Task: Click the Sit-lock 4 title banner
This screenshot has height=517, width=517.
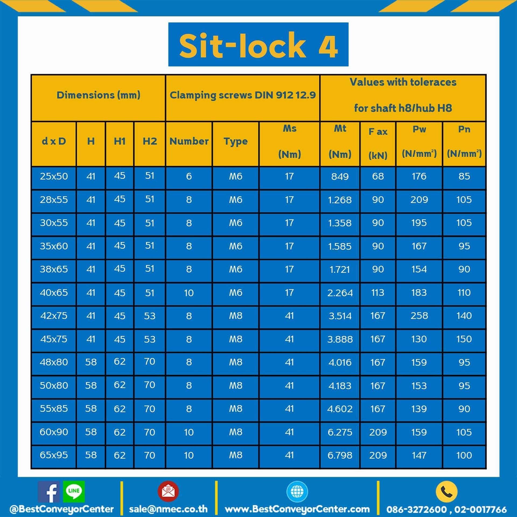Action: coord(258,44)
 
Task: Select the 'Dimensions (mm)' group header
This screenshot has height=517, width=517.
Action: coord(98,95)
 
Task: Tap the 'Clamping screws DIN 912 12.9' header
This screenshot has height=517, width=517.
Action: coord(242,95)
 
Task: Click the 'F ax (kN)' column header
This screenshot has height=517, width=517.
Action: coord(378,143)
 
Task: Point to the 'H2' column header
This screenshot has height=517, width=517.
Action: coord(150,141)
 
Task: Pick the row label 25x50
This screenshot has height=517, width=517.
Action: coord(54,176)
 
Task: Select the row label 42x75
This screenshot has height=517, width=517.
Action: coord(54,316)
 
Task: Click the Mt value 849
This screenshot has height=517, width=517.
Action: coord(340,177)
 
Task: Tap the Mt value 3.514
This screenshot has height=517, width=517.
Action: coord(340,316)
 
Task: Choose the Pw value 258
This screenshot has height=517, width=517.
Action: coord(419,316)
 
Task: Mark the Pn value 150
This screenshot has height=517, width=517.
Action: coord(464,339)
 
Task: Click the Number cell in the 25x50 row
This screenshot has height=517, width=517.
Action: coord(189,176)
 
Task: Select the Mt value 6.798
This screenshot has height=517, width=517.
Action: coord(340,455)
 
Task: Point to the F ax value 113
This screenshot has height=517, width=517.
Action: coord(378,293)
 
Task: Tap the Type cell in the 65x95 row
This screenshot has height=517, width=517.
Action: coord(236,455)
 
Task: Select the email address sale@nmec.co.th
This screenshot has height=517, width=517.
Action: coord(168,509)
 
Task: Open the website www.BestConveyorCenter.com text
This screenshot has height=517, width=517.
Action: coord(297,509)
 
